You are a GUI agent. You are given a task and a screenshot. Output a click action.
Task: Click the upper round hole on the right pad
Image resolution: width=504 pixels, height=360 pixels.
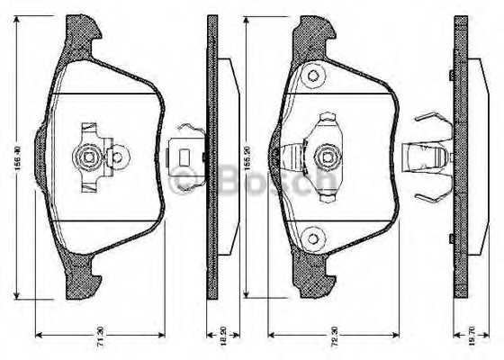(313, 76)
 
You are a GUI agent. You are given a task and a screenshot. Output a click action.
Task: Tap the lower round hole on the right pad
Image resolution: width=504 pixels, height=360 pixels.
(312, 238)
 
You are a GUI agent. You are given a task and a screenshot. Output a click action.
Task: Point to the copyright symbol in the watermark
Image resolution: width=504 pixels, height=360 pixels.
(183, 183)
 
